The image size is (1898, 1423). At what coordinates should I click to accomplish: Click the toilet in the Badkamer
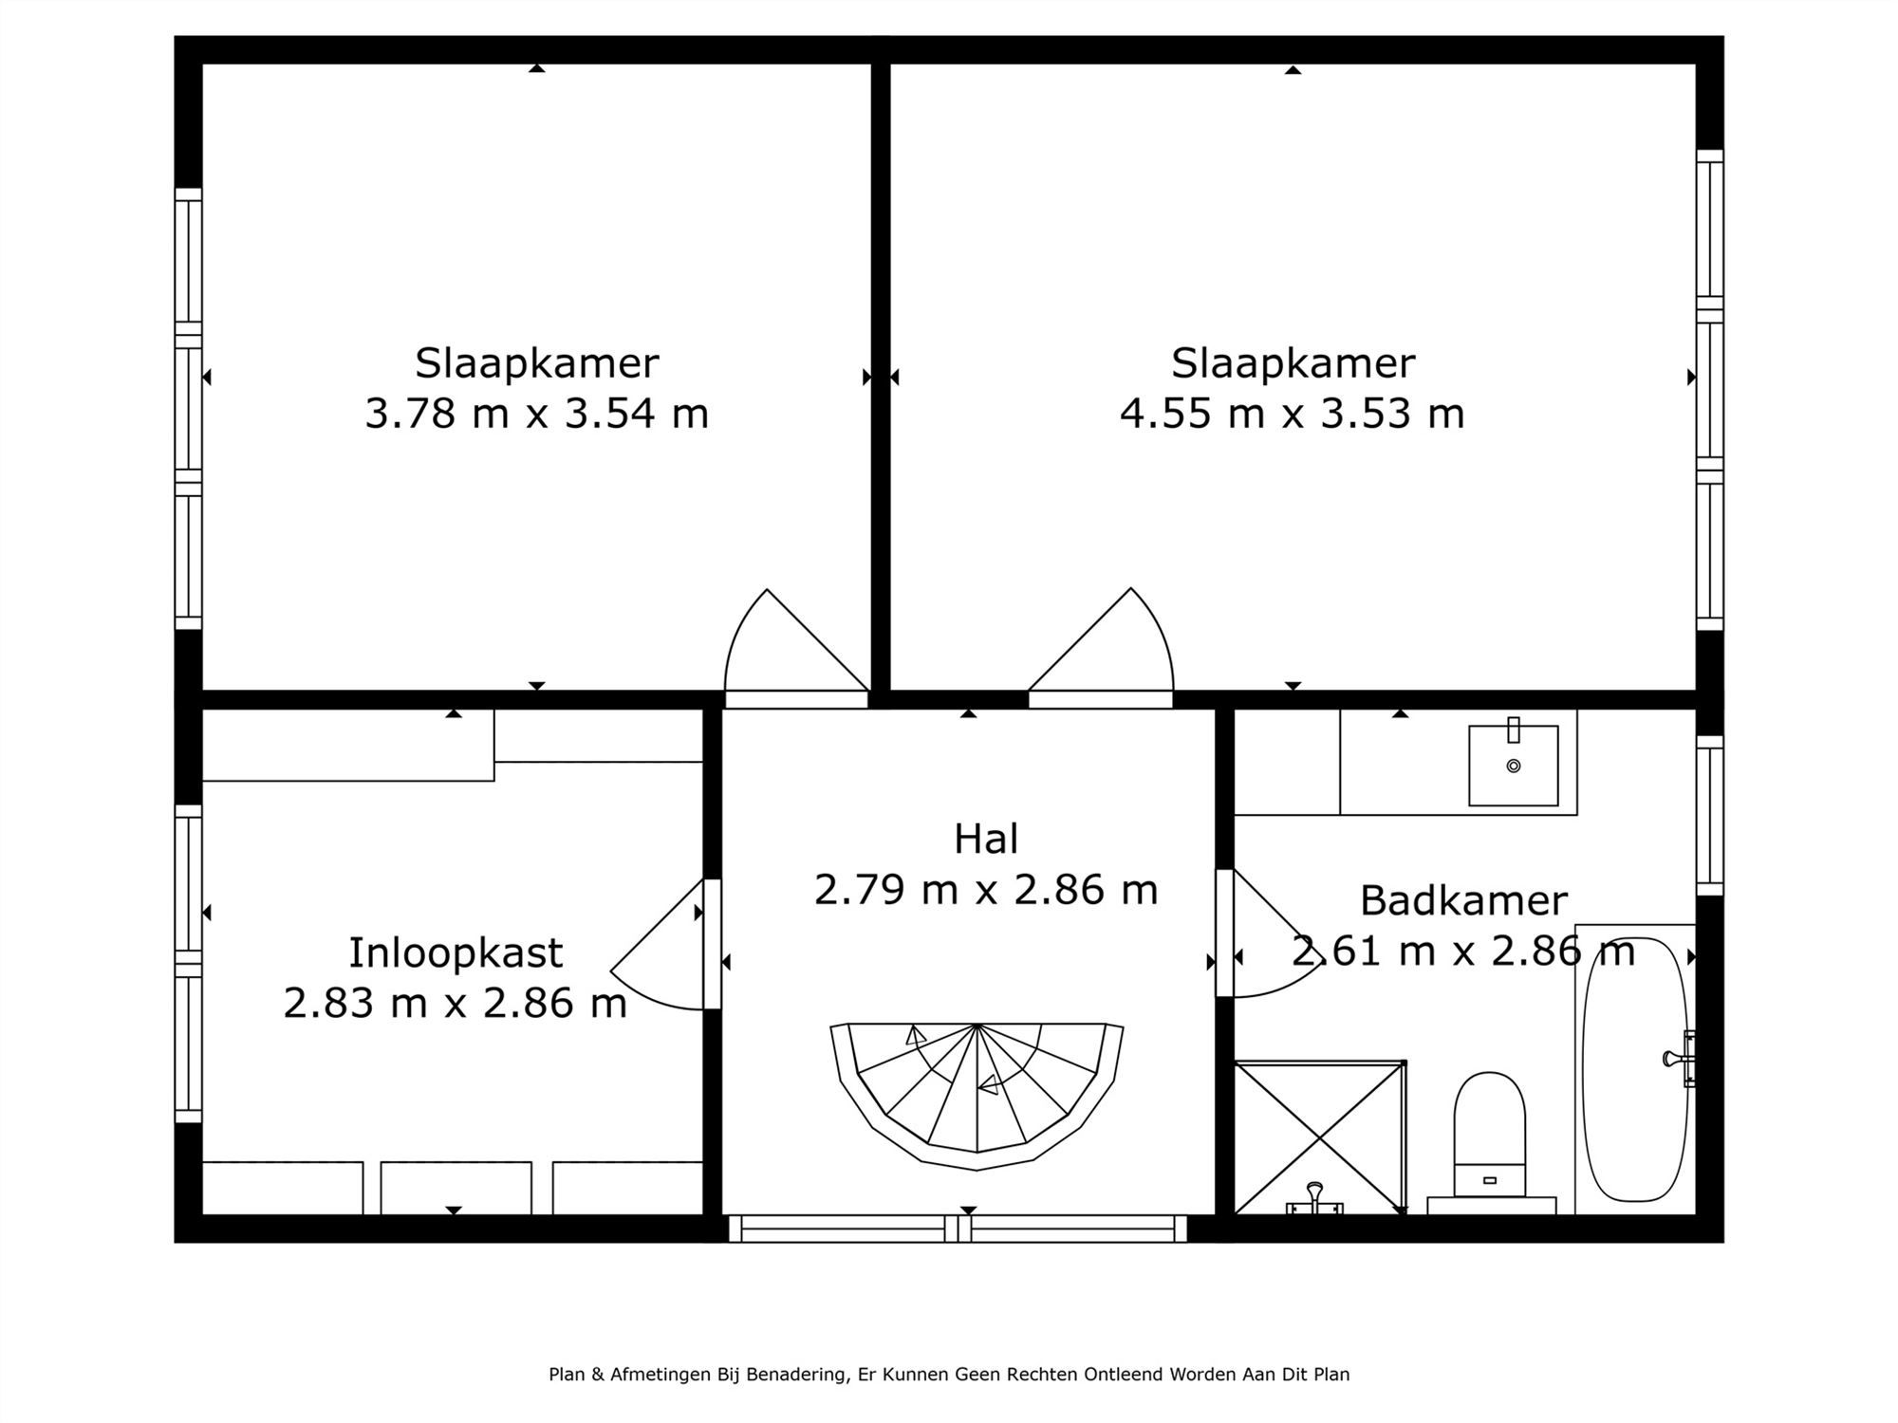(1489, 1134)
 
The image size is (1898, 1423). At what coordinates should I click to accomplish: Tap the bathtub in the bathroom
(1634, 1069)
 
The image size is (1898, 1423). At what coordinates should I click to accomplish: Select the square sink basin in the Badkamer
(1513, 766)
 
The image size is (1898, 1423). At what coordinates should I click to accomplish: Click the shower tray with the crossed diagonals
(1319, 1137)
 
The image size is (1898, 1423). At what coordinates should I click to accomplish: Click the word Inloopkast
(456, 952)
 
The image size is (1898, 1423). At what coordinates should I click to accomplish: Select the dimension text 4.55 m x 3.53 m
(1292, 414)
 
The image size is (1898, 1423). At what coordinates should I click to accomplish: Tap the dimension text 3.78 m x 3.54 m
(537, 414)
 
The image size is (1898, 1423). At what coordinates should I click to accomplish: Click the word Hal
(986, 839)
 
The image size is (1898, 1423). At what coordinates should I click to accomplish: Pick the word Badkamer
(1462, 900)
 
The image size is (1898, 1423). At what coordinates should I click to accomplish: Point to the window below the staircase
(958, 1229)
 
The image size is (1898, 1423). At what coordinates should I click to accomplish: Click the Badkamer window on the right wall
(1709, 816)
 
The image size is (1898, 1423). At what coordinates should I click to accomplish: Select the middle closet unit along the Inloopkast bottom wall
(456, 1187)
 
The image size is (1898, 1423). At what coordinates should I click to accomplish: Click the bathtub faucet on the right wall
(1682, 1058)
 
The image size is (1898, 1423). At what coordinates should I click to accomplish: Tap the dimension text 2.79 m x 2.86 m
(986, 890)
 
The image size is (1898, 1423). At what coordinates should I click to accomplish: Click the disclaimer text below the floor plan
(949, 1374)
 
